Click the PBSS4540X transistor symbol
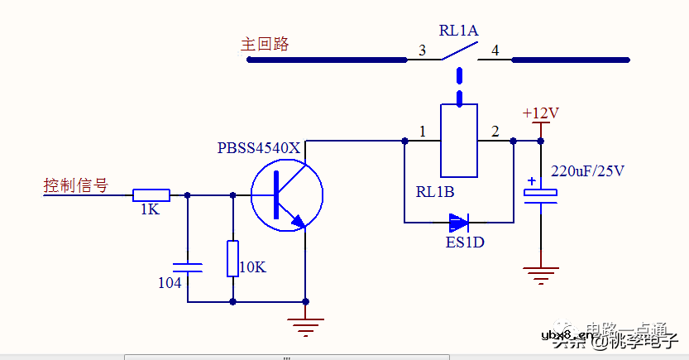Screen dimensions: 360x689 click(x=286, y=196)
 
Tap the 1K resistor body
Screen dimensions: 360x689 click(x=151, y=195)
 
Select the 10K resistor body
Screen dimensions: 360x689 click(x=232, y=258)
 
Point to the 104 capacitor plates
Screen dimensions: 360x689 click(x=188, y=267)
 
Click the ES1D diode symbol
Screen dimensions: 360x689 click(x=457, y=222)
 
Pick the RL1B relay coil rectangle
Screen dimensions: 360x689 click(x=458, y=141)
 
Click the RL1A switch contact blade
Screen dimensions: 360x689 click(x=457, y=50)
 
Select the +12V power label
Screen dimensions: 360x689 click(x=541, y=113)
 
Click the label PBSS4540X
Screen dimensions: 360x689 click(x=259, y=148)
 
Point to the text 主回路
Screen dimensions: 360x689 click(x=265, y=45)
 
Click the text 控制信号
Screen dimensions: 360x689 click(x=75, y=185)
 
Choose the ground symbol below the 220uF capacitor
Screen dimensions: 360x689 click(x=541, y=276)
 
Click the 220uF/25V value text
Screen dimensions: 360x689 click(x=587, y=172)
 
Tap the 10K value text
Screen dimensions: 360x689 click(x=251, y=267)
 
